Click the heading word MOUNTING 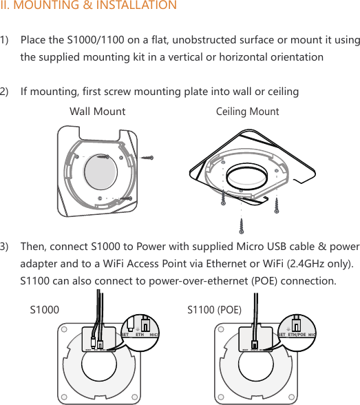(45, 6)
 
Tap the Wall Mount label (98, 112)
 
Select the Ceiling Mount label (248, 112)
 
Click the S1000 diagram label (45, 310)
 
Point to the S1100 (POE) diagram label (215, 310)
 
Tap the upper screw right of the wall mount (147, 158)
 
